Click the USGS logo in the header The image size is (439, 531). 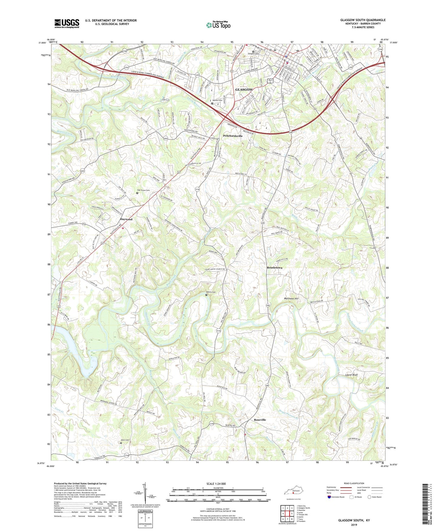pos(67,23)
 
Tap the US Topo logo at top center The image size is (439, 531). pos(218,25)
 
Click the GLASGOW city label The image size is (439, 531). pos(244,90)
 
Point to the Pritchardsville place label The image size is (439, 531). pos(233,136)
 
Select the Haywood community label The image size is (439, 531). pos(126,219)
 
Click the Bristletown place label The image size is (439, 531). pos(274,268)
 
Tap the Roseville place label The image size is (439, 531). pos(260,420)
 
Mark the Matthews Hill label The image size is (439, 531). pos(291,299)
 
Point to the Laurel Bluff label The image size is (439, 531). pos(352,375)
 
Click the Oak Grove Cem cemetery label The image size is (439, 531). pos(143,190)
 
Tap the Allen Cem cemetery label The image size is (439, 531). pos(125,440)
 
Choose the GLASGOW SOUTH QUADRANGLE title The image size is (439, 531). pos(363,20)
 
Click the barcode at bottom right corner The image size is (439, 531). pos(425,505)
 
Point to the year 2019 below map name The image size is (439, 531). pos(354,524)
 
